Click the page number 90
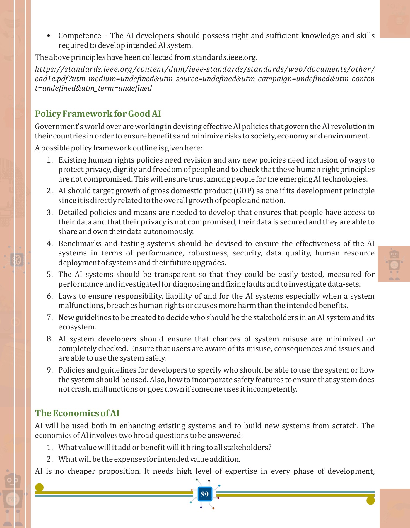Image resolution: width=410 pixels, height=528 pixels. click(x=205, y=494)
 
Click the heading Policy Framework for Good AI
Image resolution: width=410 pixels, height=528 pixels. click(x=98, y=114)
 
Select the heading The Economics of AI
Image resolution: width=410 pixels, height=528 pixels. click(x=77, y=413)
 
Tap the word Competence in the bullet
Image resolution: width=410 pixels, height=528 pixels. click(x=80, y=36)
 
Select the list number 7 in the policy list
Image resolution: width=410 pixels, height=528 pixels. click(x=49, y=318)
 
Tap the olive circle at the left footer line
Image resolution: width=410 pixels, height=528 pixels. click(x=39, y=488)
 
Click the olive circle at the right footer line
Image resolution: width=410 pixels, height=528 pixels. click(x=370, y=500)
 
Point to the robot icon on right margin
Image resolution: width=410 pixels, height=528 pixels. click(x=394, y=264)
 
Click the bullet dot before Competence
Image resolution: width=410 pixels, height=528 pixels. click(x=49, y=36)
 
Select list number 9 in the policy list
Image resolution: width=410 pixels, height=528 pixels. click(x=49, y=370)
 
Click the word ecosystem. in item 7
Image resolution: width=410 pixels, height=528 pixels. click(x=77, y=327)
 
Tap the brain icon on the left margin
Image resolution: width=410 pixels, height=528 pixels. click(x=17, y=260)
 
